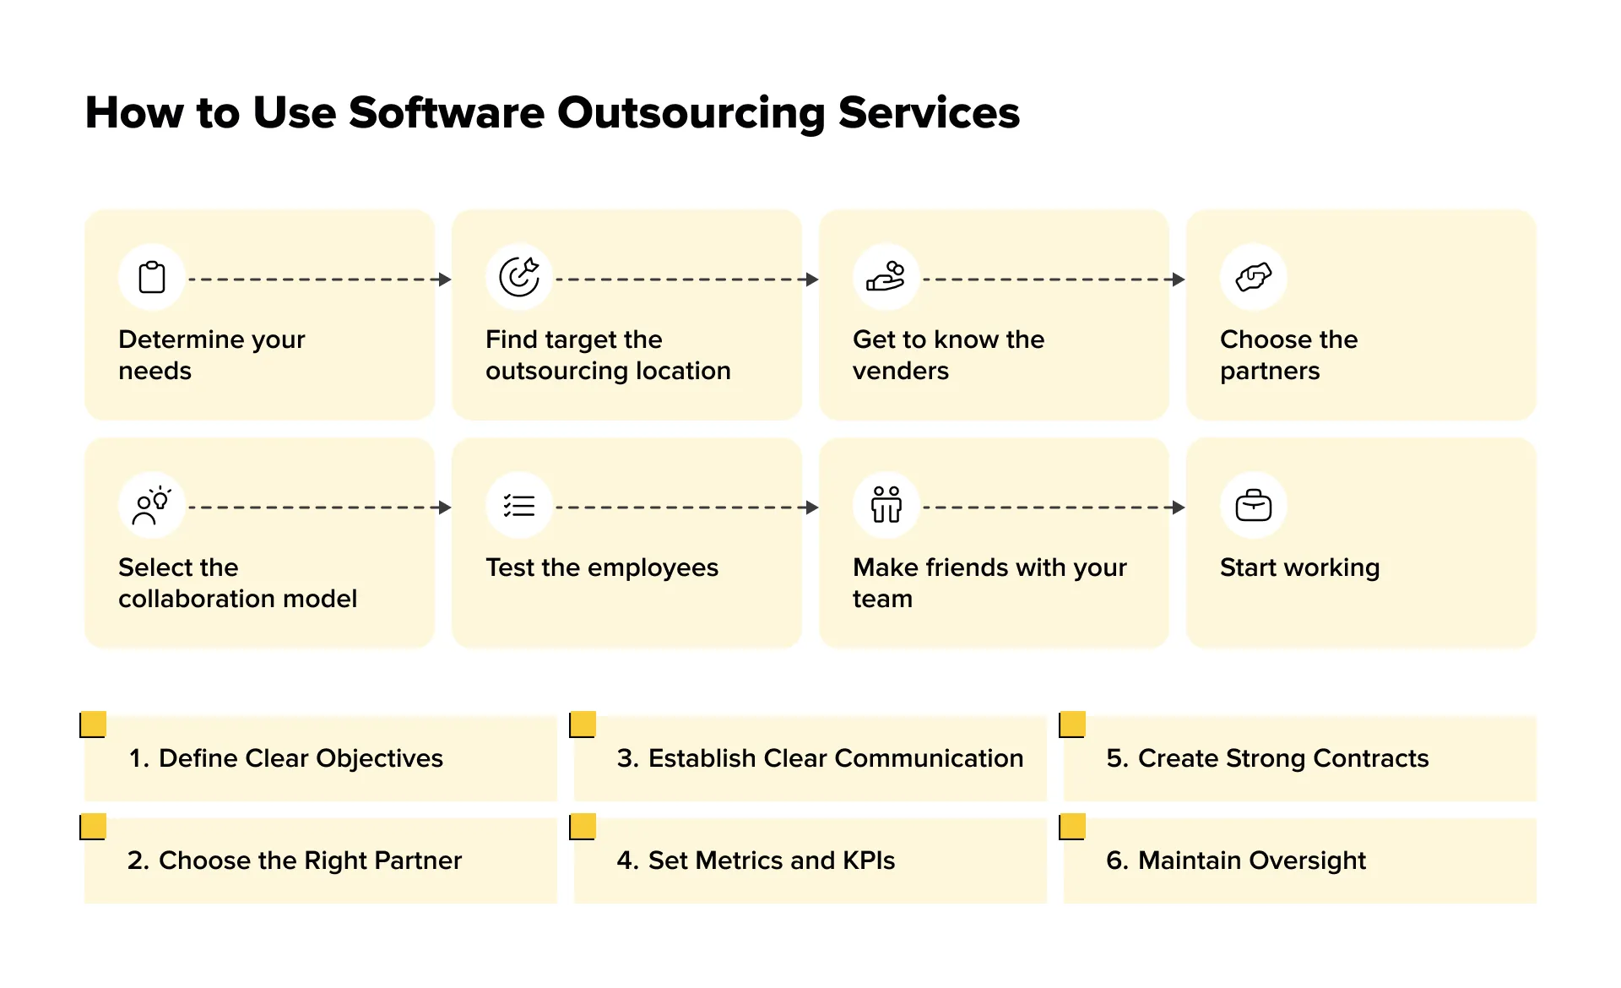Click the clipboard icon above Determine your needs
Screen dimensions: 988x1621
click(x=152, y=277)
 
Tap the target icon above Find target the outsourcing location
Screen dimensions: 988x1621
click(x=519, y=277)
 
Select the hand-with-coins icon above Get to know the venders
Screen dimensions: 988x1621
click(x=886, y=277)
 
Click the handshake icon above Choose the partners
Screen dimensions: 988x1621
click(x=1254, y=277)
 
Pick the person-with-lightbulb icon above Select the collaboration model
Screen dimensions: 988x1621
click(x=152, y=505)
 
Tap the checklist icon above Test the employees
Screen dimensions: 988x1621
click(x=519, y=505)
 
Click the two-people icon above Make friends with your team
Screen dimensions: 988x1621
click(x=886, y=505)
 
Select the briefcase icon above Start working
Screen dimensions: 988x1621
click(x=1254, y=505)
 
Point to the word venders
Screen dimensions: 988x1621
click(x=900, y=371)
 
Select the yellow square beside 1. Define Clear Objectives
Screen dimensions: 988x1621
click(x=93, y=725)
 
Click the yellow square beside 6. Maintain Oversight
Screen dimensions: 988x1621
click(x=1072, y=827)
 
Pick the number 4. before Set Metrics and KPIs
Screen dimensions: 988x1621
click(x=626, y=860)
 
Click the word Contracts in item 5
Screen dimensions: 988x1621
click(x=1371, y=758)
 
